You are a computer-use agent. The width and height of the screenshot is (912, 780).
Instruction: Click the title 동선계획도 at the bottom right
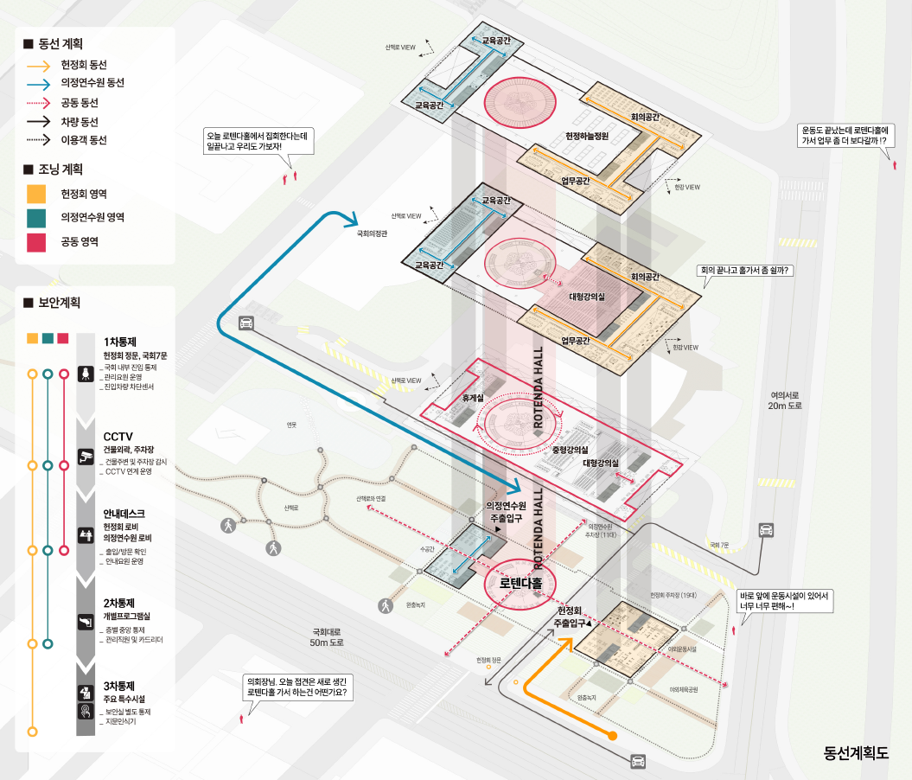click(x=856, y=751)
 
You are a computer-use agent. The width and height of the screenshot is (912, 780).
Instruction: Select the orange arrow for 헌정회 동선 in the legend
click(x=38, y=65)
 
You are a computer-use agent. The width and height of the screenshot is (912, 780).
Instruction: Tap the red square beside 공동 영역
click(x=36, y=241)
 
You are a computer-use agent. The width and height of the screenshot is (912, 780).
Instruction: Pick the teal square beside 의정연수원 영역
click(x=36, y=217)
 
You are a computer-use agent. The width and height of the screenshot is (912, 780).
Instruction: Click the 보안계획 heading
click(x=59, y=303)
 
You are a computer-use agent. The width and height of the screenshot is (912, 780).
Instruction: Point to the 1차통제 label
click(x=121, y=342)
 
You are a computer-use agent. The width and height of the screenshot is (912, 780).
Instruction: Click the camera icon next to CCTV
click(x=86, y=455)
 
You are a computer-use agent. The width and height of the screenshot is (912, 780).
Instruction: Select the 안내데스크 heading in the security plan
click(x=124, y=513)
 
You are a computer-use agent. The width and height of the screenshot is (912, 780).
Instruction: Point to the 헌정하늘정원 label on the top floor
click(x=588, y=136)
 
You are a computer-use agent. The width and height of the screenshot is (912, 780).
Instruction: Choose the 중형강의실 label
click(x=570, y=451)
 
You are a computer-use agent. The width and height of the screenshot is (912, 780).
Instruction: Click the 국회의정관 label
click(x=373, y=233)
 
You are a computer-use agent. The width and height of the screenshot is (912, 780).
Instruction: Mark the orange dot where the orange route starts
click(x=612, y=736)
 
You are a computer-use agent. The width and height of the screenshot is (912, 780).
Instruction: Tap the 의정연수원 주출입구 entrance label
click(x=507, y=511)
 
